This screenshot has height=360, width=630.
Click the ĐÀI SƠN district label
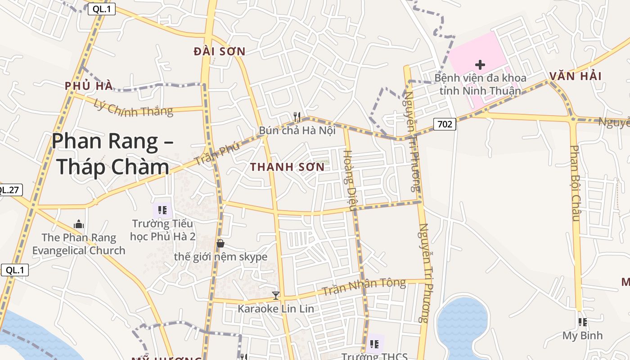click(x=220, y=52)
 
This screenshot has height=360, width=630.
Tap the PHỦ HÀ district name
click(x=88, y=86)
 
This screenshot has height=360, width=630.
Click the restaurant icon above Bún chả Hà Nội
click(x=297, y=117)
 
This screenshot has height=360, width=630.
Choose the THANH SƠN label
click(x=287, y=167)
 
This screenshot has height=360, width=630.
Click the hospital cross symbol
click(x=480, y=65)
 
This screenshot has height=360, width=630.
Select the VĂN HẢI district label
click(x=575, y=76)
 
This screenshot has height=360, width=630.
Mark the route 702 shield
click(x=445, y=124)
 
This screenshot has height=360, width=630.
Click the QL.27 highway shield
click(x=9, y=190)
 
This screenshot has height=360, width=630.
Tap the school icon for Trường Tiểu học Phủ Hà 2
click(x=162, y=210)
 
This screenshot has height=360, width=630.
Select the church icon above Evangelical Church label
click(x=79, y=224)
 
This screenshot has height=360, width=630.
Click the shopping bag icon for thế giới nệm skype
click(x=220, y=244)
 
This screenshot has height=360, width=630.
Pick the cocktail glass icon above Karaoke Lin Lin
click(x=276, y=296)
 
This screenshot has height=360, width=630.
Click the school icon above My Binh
click(x=583, y=322)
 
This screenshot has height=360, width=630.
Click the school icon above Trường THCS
click(x=374, y=344)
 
